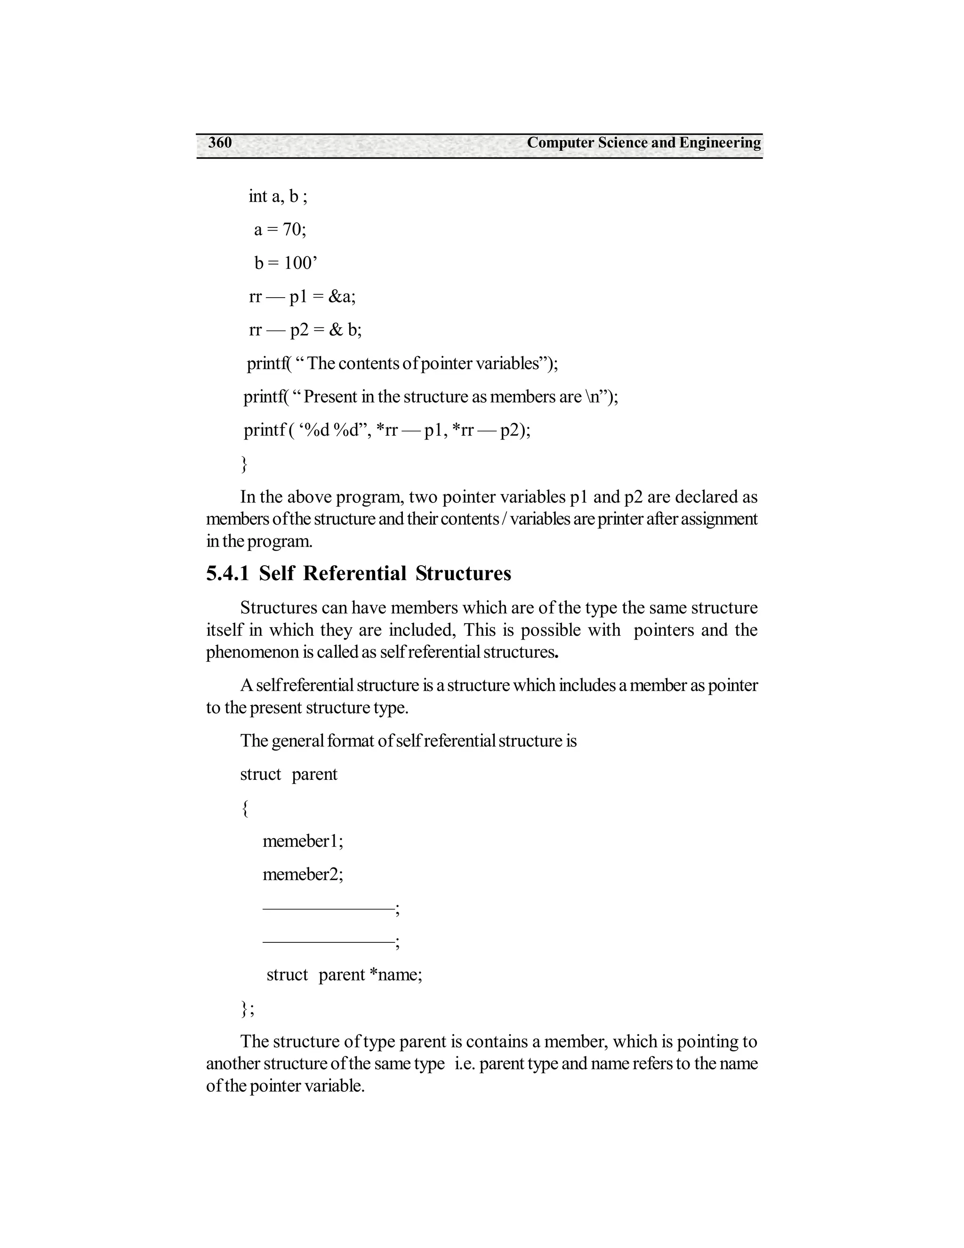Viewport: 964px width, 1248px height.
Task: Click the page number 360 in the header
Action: pyautogui.click(x=220, y=143)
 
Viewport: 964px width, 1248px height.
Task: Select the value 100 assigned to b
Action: pyautogui.click(x=297, y=263)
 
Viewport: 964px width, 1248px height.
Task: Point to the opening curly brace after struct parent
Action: pyautogui.click(x=244, y=808)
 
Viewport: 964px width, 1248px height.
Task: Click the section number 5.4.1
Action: pyautogui.click(x=227, y=574)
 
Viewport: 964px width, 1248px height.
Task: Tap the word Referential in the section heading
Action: pyautogui.click(x=354, y=574)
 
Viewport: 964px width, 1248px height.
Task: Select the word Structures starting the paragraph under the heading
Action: pyautogui.click(x=278, y=608)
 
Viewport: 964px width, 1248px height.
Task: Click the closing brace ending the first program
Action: pyautogui.click(x=244, y=463)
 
